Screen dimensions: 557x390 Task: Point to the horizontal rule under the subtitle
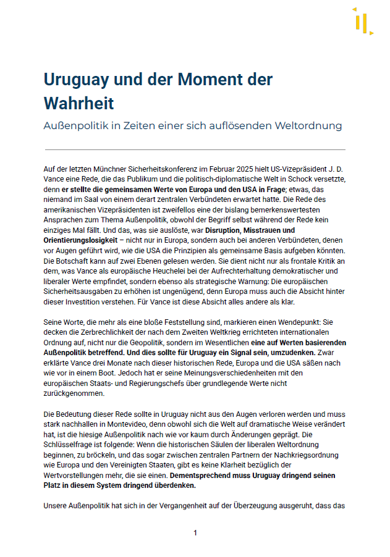point(195,149)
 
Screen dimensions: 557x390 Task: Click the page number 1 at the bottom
point(195,533)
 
